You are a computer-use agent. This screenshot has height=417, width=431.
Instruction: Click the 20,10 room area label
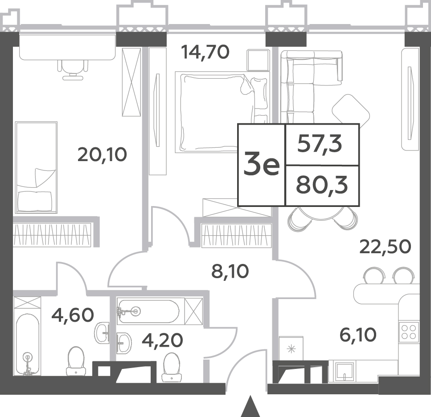[102, 154]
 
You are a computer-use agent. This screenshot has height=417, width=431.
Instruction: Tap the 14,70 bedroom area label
[205, 52]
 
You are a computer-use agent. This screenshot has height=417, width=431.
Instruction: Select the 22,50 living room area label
[385, 247]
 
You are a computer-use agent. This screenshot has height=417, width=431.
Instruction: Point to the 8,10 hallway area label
[230, 271]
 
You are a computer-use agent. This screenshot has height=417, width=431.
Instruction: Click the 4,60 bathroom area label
[73, 315]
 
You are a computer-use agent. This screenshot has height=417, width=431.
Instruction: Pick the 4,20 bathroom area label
[162, 340]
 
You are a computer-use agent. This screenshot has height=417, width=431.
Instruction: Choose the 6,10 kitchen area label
[358, 335]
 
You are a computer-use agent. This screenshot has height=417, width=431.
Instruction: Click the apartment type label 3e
[261, 165]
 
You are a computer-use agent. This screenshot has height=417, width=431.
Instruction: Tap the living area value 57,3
[320, 144]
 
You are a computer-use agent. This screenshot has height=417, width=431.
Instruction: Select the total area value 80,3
[322, 186]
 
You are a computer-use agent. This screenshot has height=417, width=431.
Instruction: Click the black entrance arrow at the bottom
[250, 406]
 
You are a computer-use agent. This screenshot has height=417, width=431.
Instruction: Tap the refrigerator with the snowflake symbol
[291, 348]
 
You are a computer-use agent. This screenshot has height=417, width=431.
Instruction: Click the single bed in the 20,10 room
[36, 167]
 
